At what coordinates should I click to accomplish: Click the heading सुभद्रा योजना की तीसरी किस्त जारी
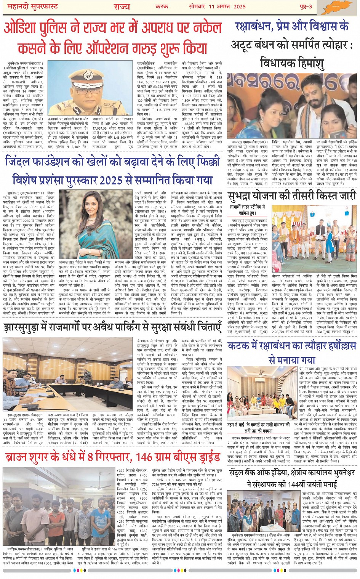291,196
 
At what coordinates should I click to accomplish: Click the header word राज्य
122,6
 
